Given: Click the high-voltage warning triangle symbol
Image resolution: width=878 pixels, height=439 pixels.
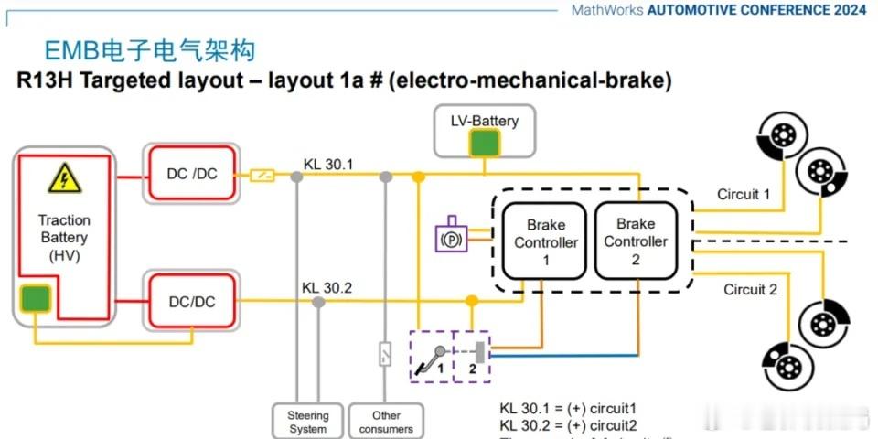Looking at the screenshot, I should [x=63, y=177].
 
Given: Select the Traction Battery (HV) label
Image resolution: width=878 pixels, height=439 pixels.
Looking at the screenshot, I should [x=64, y=238].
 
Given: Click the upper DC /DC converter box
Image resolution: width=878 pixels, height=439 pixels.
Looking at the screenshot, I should [x=192, y=174].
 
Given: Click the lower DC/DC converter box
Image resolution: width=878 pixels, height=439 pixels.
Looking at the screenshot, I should [x=192, y=301].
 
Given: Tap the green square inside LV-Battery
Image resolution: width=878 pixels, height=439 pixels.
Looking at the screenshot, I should [x=485, y=144].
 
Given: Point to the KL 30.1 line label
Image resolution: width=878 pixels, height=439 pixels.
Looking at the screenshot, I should [x=328, y=165].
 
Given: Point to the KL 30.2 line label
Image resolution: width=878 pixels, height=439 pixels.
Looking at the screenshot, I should [x=327, y=287].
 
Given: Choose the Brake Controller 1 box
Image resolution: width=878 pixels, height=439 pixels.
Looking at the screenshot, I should [x=546, y=241].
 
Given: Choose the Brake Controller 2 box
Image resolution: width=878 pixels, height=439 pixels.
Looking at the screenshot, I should [x=636, y=241].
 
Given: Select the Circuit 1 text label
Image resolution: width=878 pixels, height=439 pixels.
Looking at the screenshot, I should [x=744, y=194].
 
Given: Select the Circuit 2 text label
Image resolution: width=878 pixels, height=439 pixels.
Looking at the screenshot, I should [x=750, y=290].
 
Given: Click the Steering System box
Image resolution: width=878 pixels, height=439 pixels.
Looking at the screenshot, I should [x=307, y=421].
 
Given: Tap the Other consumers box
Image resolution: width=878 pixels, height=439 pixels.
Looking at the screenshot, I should [x=385, y=421].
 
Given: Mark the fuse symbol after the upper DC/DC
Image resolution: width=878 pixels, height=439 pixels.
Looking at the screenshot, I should [x=262, y=174].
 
